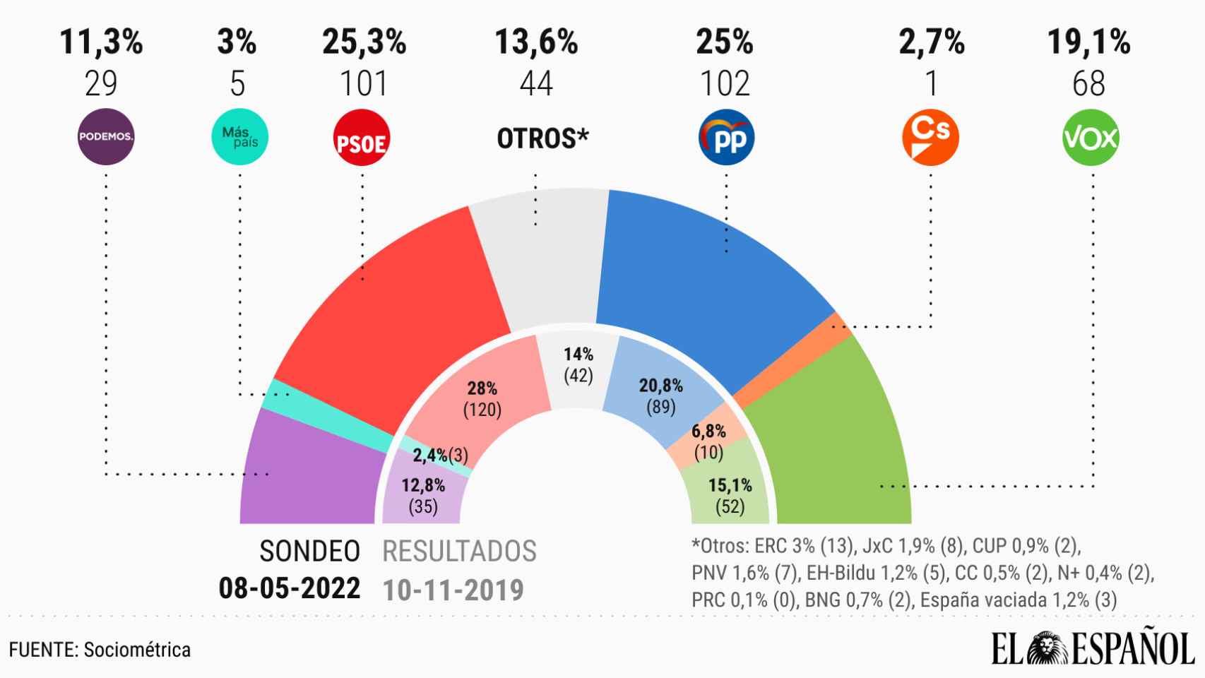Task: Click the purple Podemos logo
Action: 105,137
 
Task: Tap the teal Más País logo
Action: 239,136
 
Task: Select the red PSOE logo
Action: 361,138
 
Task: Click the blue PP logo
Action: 726,137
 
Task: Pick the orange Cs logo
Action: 930,137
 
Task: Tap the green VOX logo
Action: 1091,137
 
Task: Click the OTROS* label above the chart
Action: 542,138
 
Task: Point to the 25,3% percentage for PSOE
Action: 364,42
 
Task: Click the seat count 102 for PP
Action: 725,84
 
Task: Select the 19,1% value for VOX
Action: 1088,42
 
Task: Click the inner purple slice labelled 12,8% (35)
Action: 423,495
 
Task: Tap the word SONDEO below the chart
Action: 309,552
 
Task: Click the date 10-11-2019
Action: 453,590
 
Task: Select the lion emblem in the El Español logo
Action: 1048,648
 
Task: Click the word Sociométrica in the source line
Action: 137,649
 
